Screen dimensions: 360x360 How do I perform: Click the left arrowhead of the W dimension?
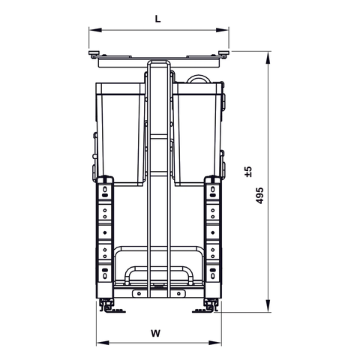[100, 342]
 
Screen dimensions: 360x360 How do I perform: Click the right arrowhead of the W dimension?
[217, 342]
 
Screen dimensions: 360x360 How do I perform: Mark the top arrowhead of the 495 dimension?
[268, 55]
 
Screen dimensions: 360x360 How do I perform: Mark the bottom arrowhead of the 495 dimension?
[268, 307]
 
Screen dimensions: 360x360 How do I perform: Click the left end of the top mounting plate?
[94, 54]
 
